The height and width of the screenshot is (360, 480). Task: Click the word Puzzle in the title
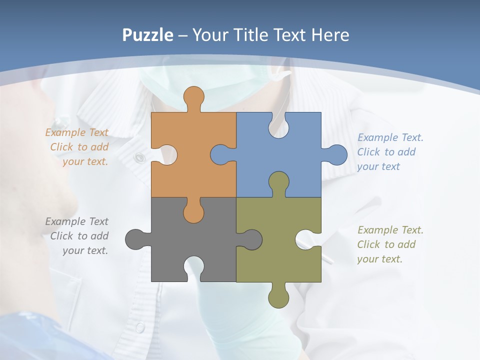click(148, 35)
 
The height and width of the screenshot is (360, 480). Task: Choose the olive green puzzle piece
click(280, 260)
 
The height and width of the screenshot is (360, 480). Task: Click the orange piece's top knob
click(193, 97)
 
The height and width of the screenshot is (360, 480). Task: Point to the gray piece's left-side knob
click(135, 239)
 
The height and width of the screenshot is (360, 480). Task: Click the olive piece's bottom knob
click(278, 297)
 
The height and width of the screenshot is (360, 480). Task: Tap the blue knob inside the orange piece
click(220, 154)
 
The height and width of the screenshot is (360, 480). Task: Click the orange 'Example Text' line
click(77, 132)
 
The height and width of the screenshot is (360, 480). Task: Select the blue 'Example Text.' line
click(390, 137)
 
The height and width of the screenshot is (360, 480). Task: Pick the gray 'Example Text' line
click(77, 221)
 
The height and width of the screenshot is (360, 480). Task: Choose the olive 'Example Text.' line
click(390, 230)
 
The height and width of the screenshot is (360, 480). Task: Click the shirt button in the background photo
click(139, 158)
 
